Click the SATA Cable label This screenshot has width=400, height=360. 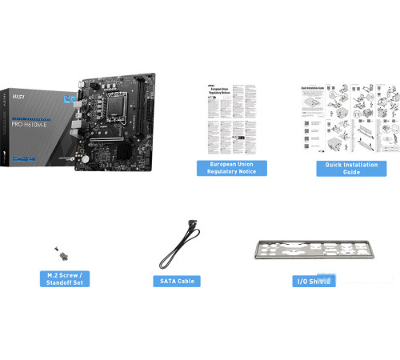176,282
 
